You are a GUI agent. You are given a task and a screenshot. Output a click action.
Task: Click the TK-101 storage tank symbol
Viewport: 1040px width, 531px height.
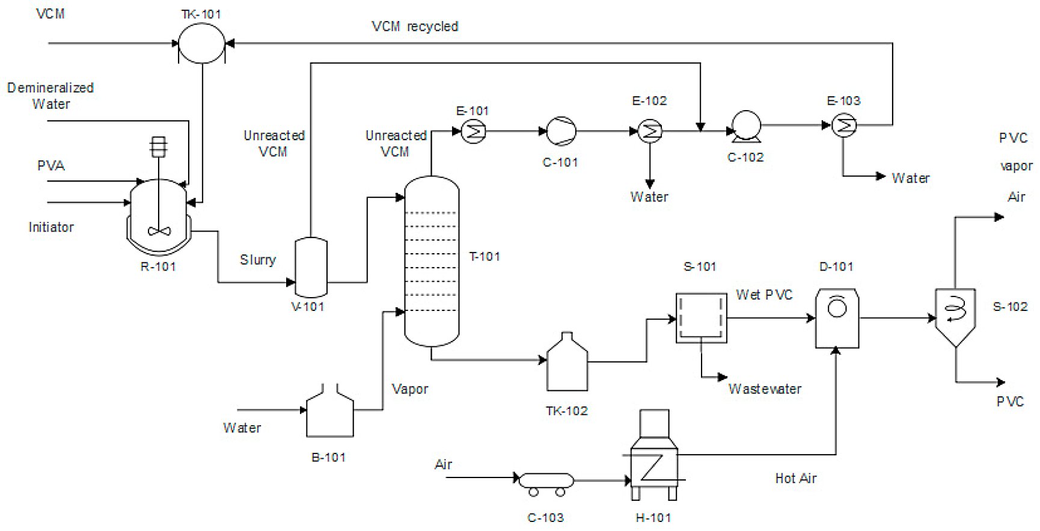[202, 44]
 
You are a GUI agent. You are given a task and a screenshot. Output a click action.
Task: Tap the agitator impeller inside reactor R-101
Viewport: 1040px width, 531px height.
[159, 230]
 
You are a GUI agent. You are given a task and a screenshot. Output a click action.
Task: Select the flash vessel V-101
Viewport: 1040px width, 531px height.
[311, 267]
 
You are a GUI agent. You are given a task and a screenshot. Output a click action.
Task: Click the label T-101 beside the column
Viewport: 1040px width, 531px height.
[485, 257]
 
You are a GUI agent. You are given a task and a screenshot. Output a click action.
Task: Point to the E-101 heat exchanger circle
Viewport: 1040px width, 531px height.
[473, 131]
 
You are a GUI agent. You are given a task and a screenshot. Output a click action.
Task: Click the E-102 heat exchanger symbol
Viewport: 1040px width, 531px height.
[650, 131]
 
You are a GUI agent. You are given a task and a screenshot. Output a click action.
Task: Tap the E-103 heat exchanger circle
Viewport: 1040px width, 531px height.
[845, 125]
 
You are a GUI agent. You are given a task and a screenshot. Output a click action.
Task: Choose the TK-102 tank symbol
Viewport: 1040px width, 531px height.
[567, 364]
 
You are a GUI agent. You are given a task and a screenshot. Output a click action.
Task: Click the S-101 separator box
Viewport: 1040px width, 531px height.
[701, 318]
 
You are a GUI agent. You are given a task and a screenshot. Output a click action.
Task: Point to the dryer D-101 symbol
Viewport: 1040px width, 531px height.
[837, 319]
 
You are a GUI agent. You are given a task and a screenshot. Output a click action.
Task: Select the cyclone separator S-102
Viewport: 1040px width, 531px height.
[955, 316]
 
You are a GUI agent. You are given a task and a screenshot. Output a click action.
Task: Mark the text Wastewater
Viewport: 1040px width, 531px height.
[765, 389]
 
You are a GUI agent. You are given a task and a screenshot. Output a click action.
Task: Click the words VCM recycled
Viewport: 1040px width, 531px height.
[415, 26]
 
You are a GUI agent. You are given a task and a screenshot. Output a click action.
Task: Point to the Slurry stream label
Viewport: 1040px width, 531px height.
[258, 260]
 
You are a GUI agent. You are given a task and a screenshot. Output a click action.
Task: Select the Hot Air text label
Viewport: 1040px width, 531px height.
[795, 479]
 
